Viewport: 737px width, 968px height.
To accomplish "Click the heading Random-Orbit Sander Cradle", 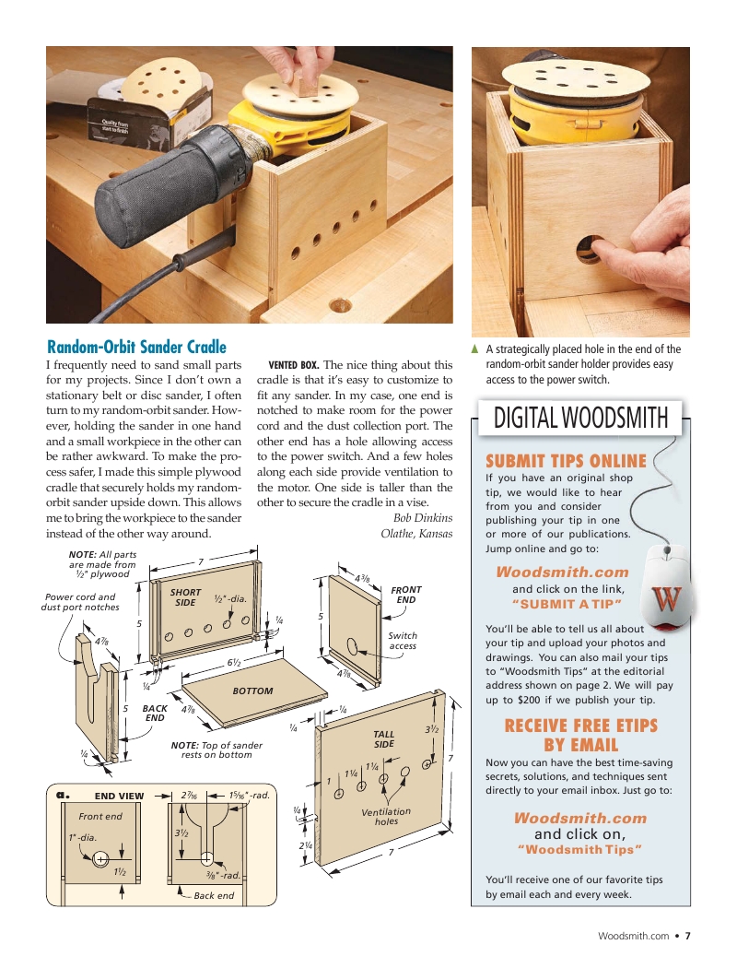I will click(136, 347).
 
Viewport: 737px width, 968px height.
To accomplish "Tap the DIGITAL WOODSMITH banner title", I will click(580, 418).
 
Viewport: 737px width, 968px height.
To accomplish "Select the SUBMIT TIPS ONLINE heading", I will click(566, 461).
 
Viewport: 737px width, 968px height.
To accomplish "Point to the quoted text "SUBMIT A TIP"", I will click(567, 604).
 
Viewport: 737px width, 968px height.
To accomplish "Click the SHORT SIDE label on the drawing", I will click(185, 597).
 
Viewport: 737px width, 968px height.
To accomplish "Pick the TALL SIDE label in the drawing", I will click(383, 738).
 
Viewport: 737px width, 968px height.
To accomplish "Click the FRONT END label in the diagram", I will click(405, 595).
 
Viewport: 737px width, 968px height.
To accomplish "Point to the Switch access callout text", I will click(403, 640).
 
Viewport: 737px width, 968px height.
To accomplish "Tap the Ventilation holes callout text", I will click(386, 816).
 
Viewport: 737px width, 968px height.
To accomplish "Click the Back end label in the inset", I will click(214, 895).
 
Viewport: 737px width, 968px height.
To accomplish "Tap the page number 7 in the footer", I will click(687, 936).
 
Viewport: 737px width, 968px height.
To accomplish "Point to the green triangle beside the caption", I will click(474, 348).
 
